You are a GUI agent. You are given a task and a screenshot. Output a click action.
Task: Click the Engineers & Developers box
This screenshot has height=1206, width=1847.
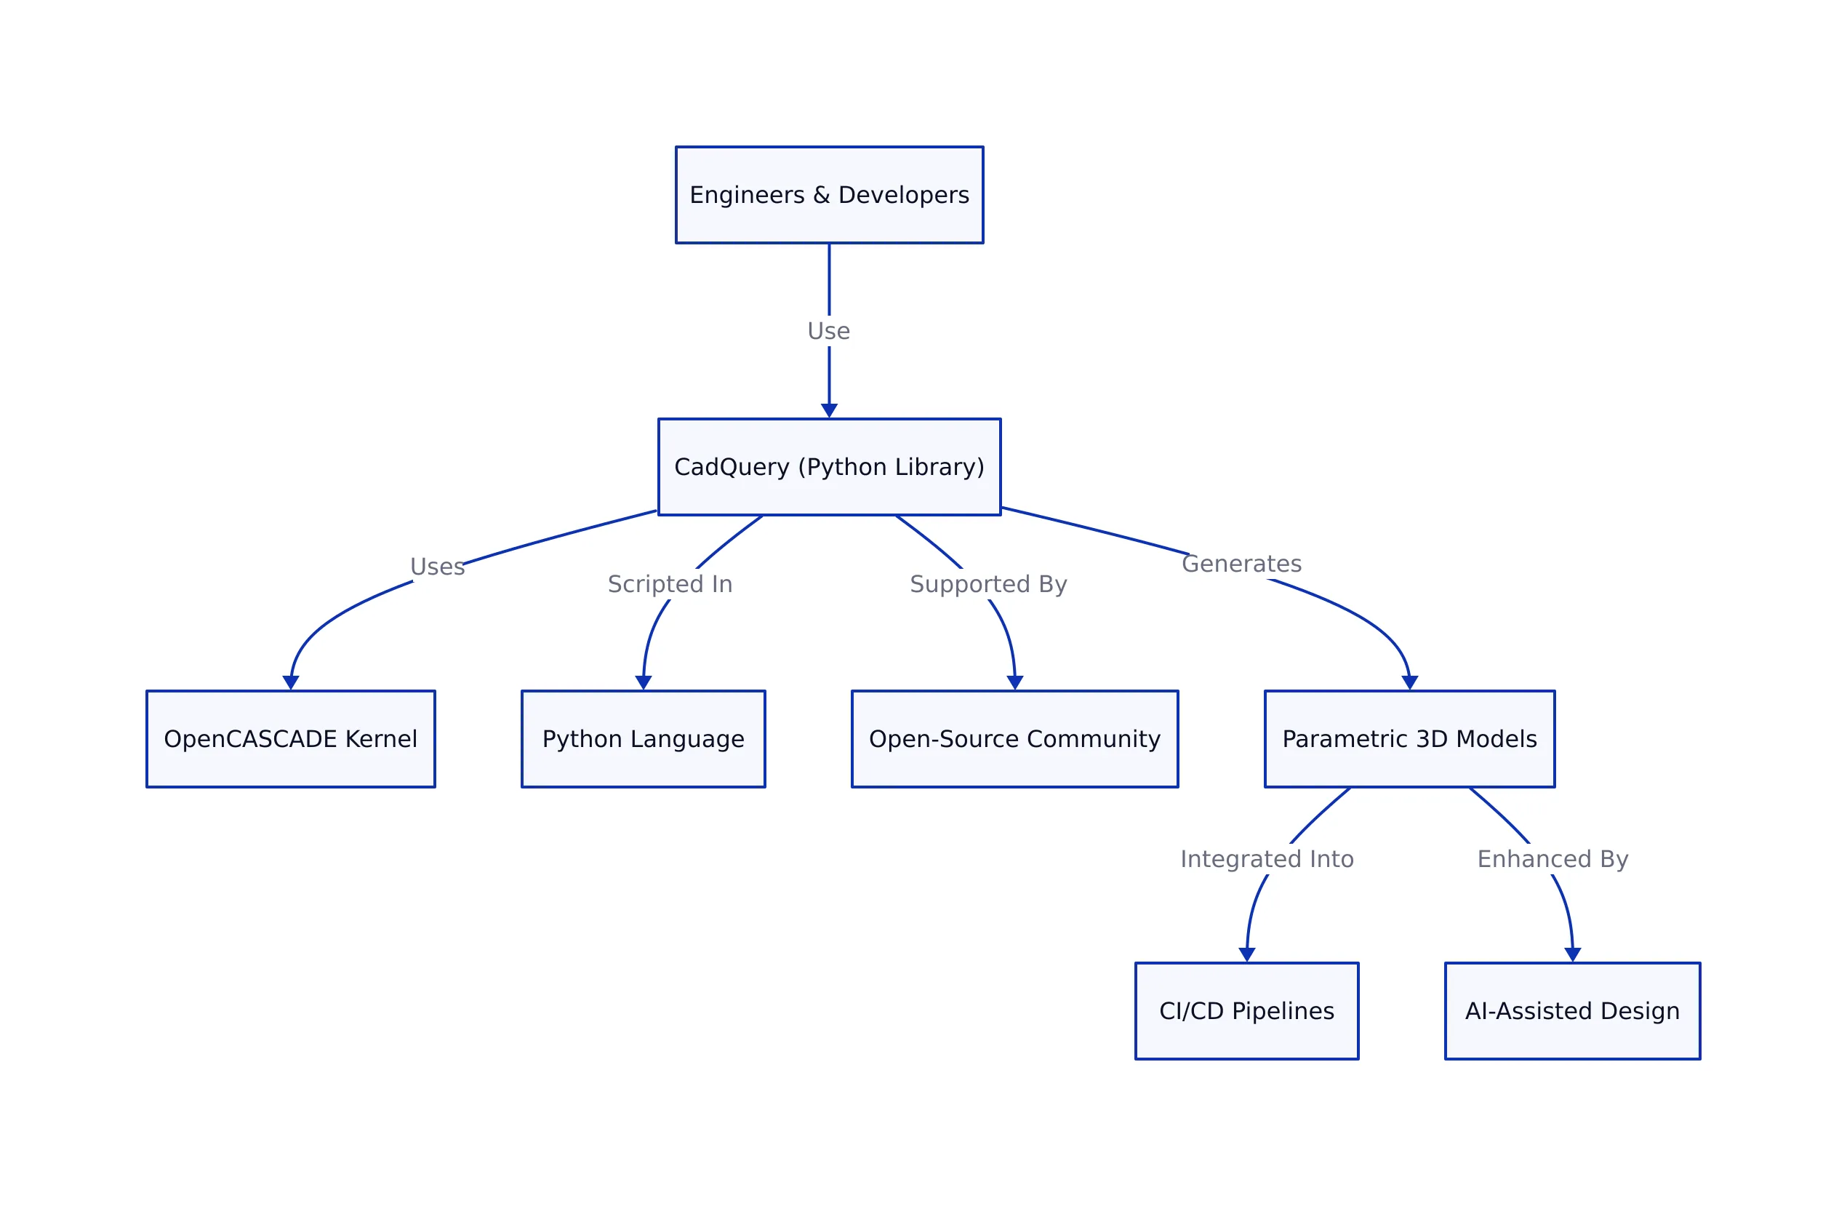click(829, 195)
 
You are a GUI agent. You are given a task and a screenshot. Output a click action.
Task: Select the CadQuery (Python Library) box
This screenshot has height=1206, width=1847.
click(829, 466)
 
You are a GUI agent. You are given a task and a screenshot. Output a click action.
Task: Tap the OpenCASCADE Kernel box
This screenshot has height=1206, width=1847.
click(290, 739)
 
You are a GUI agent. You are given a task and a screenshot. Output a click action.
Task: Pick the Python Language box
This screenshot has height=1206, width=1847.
click(643, 739)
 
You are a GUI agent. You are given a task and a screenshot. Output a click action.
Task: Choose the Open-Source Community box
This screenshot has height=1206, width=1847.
click(1014, 739)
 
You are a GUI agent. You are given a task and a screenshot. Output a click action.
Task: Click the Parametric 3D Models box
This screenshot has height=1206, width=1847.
click(1409, 739)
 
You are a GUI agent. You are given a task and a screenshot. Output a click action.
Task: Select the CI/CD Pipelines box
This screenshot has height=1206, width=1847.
click(1246, 1010)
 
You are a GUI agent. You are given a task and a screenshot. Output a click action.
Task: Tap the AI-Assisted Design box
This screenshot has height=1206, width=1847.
click(1572, 1010)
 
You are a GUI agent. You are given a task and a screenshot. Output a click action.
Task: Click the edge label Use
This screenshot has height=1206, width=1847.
click(828, 332)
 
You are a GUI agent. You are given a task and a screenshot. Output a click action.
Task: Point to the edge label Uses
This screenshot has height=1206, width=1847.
click(437, 567)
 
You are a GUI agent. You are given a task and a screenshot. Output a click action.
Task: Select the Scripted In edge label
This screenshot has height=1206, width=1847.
click(670, 583)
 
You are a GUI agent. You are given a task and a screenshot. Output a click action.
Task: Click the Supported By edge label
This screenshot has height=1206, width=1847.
click(988, 583)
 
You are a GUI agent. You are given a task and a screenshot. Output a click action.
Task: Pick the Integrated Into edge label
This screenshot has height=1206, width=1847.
click(1267, 858)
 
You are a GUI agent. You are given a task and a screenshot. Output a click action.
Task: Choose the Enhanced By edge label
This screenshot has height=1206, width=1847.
click(1552, 858)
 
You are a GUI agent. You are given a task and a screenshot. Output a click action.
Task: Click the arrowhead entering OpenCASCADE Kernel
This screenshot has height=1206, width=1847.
click(290, 682)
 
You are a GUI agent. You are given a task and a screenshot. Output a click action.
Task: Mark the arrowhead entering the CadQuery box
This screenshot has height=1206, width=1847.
click(829, 410)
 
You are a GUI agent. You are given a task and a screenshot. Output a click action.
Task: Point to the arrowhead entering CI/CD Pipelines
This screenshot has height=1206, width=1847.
click(1246, 954)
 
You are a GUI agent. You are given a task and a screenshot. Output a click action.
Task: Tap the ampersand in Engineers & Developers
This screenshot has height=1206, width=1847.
click(821, 195)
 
